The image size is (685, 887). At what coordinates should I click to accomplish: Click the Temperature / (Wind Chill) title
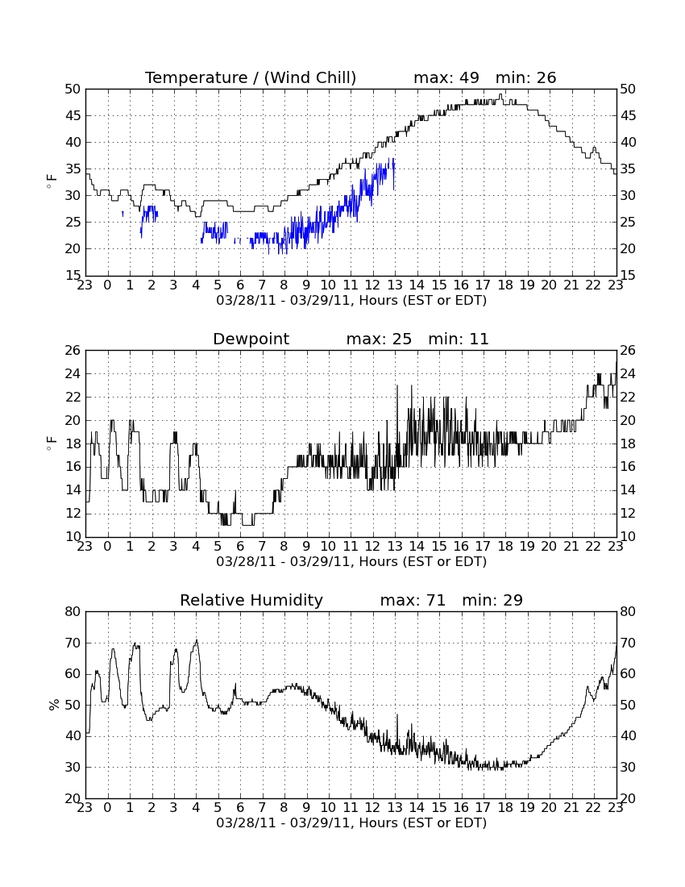coord(251,77)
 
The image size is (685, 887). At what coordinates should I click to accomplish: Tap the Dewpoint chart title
coord(251,339)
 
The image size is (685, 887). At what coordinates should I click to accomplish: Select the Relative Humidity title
coord(251,600)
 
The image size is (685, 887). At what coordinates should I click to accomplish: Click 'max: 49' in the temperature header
coord(446,77)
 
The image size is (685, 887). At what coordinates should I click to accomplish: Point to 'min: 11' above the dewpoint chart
coord(459,339)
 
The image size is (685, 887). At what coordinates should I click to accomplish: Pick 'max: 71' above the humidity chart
coord(413,600)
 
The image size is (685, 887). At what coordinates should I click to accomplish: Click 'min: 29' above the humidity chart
coord(492,600)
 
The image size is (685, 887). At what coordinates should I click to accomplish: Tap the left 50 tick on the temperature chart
coord(73,89)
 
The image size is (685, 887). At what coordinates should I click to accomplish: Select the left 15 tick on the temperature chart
coord(73,276)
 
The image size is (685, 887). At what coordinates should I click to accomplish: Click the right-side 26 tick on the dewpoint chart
coord(628,350)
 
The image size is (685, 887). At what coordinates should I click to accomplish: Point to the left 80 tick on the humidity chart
coord(73,611)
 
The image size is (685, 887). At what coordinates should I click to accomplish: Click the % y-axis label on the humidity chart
coord(54,705)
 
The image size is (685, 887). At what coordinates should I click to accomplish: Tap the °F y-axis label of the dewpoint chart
coord(52,443)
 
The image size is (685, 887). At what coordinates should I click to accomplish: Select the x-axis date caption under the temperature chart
coord(351,301)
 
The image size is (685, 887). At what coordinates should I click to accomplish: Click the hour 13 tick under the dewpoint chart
coord(395,546)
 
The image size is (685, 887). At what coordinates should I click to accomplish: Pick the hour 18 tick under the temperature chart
coord(505,285)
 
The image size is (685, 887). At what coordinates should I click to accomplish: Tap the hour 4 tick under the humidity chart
coord(196,807)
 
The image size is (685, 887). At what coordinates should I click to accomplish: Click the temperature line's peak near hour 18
coord(500,94)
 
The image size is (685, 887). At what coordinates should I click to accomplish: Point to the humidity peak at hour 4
coord(197,640)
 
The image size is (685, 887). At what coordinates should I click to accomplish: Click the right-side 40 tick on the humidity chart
coord(628,736)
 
